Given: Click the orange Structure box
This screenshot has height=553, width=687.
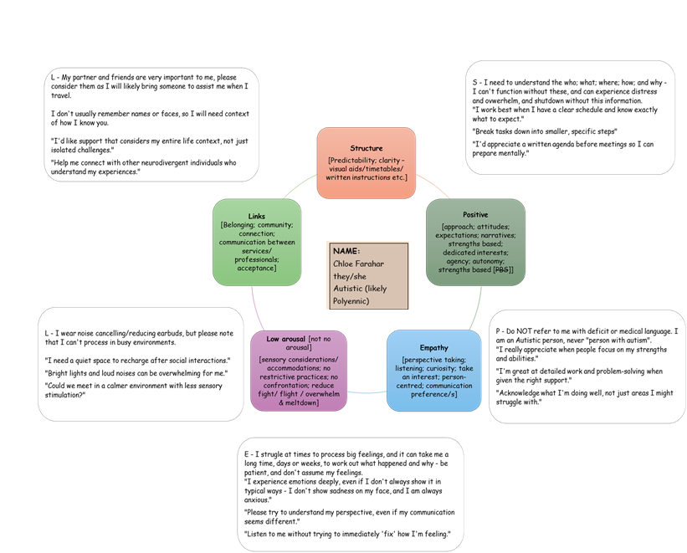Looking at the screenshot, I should point(367,162).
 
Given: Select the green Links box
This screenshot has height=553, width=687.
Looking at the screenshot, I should point(256,242).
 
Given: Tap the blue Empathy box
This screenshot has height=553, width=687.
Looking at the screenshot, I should point(433,370).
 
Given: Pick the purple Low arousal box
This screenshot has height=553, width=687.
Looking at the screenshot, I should point(300,371).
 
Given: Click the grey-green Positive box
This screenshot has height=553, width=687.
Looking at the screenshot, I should point(475,242).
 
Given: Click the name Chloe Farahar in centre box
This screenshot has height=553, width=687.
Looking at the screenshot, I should point(358,264).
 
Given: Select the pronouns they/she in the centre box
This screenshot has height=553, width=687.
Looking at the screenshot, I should point(350,276).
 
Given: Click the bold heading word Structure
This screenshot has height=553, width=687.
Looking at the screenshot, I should point(367,148).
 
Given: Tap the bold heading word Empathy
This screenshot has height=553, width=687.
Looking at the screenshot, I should point(433,347).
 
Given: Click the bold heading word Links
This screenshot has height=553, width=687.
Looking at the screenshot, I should point(256,216).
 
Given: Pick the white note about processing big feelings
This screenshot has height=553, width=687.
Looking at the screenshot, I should point(350,494).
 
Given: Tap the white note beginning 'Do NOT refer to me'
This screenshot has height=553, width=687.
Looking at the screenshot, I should point(586,368).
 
